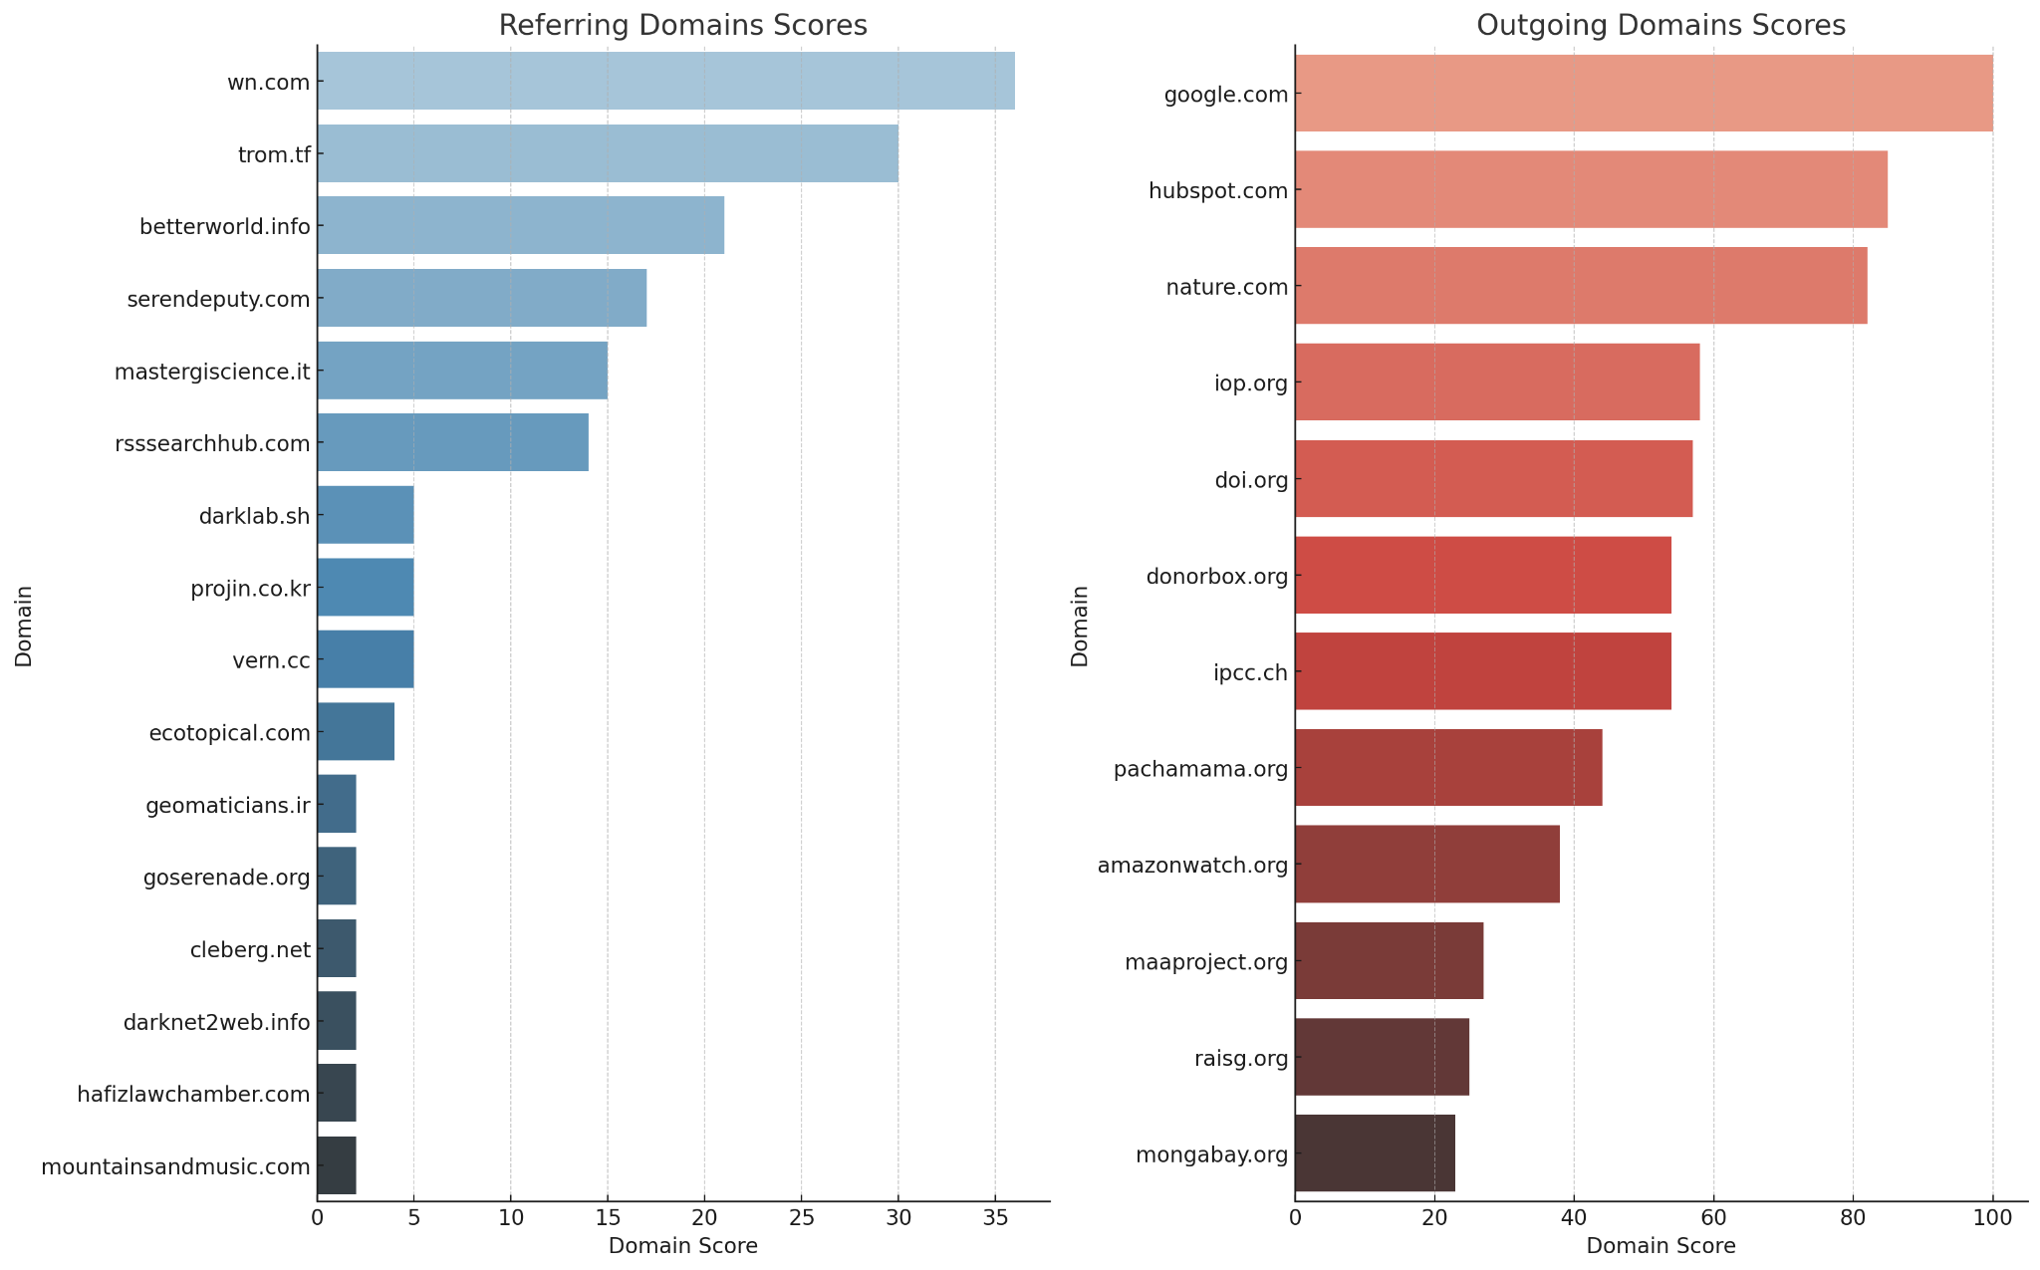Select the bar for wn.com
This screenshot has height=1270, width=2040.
[x=665, y=81]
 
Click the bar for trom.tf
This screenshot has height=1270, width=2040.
[x=608, y=153]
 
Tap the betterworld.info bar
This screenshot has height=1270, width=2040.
[x=520, y=225]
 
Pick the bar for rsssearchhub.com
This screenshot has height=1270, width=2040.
[x=452, y=442]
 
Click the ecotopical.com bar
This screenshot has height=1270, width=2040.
[x=356, y=732]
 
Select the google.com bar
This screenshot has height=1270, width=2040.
[x=1644, y=94]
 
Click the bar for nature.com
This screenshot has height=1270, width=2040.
[x=1581, y=286]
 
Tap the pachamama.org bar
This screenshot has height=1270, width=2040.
[x=1448, y=768]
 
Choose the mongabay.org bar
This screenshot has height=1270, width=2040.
[x=1375, y=1153]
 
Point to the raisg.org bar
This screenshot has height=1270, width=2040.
[x=1382, y=1057]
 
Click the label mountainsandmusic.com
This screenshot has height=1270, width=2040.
[x=175, y=1166]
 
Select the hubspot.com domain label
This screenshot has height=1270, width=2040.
[x=1218, y=190]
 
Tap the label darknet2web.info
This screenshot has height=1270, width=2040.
[x=216, y=1022]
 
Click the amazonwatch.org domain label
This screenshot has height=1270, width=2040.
[x=1192, y=865]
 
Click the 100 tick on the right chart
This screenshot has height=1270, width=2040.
[x=1992, y=1217]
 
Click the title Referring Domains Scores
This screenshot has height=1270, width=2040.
[x=682, y=26]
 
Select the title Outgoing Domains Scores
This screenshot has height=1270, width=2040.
[x=1660, y=26]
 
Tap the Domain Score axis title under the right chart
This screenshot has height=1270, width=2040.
[x=1660, y=1246]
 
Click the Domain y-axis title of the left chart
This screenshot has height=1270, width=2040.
[x=24, y=626]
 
